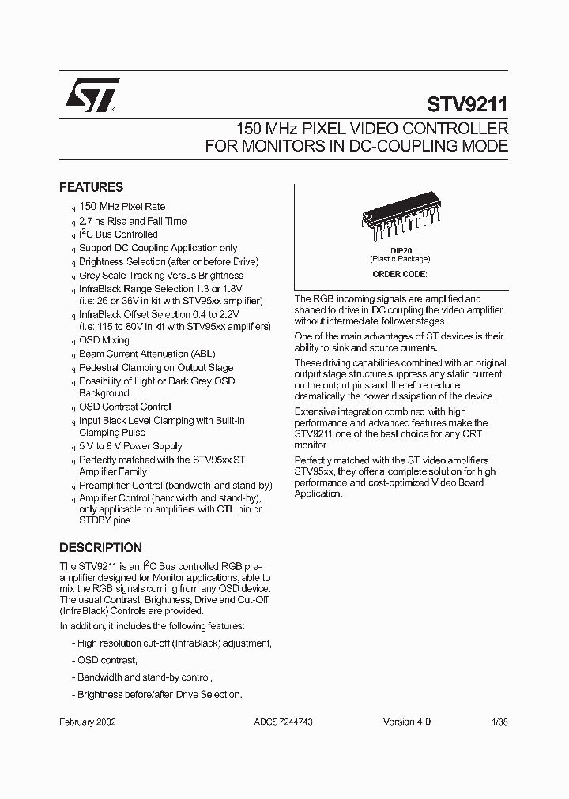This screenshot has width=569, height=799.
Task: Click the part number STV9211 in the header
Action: pos(467,104)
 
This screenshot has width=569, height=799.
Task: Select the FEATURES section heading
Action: pos(92,188)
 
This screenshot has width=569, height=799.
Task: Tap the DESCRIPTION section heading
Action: pos(101,548)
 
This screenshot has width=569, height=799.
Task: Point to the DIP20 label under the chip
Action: pos(399,251)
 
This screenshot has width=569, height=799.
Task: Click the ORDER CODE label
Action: pos(399,274)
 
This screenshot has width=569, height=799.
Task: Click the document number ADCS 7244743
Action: pos(284,722)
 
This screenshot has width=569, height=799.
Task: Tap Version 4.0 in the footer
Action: pos(406,722)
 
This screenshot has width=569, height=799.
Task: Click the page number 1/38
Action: pos(499,722)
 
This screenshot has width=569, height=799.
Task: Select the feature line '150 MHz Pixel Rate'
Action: pos(122,207)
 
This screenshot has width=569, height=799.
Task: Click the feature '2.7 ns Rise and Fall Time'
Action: pos(133,221)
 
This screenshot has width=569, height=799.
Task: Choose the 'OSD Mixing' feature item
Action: pos(104,340)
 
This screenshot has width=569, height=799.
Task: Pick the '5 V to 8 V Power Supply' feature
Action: pos(130,446)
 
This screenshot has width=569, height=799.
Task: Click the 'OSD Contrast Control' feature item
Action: pos(125,407)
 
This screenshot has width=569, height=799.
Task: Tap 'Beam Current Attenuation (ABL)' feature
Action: pos(147,354)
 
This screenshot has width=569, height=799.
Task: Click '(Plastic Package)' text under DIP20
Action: pos(399,259)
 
